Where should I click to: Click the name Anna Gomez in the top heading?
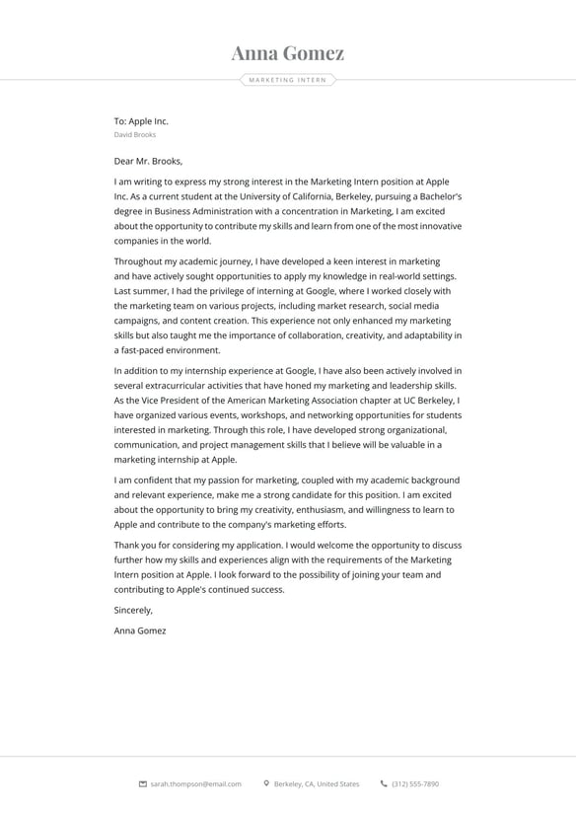click(x=287, y=53)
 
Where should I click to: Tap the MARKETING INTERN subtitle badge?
click(x=287, y=80)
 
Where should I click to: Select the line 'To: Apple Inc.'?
click(x=141, y=121)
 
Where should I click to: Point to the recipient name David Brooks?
click(x=134, y=134)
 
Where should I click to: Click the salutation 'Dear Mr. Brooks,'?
click(x=148, y=161)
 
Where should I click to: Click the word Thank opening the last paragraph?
click(x=127, y=545)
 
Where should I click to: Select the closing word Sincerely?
click(x=133, y=610)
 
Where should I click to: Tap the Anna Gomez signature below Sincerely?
click(x=140, y=629)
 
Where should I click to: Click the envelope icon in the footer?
click(x=143, y=784)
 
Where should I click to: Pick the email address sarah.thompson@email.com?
click(x=196, y=784)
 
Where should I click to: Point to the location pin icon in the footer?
click(x=266, y=784)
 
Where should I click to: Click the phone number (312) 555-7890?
click(x=415, y=784)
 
